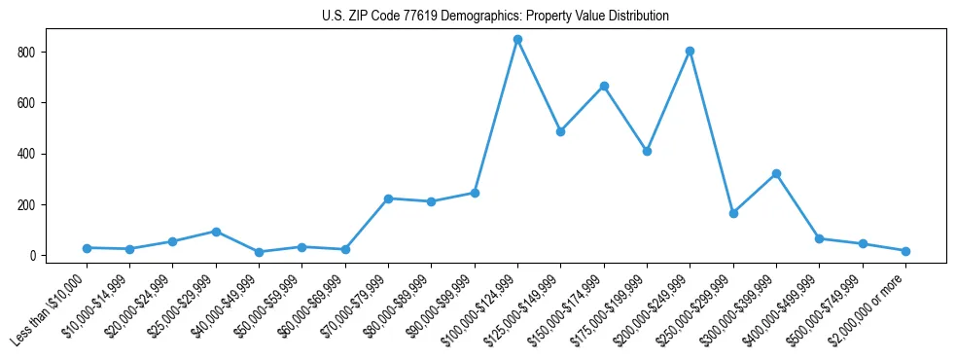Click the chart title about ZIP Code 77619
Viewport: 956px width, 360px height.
(x=495, y=17)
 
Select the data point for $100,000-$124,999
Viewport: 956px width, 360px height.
(x=517, y=40)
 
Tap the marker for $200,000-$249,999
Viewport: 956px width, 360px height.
(x=690, y=51)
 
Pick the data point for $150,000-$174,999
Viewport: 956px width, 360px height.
(x=604, y=87)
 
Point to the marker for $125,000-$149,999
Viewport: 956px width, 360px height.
(x=560, y=131)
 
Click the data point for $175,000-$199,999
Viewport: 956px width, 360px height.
(x=647, y=151)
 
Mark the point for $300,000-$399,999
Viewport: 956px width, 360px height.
(x=776, y=174)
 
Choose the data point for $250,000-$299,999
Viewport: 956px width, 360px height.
(x=733, y=213)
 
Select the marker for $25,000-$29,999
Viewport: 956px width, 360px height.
(x=216, y=232)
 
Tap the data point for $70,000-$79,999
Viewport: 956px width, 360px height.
(x=388, y=198)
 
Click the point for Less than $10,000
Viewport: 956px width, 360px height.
(x=87, y=248)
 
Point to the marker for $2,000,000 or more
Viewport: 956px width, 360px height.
(x=905, y=251)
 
